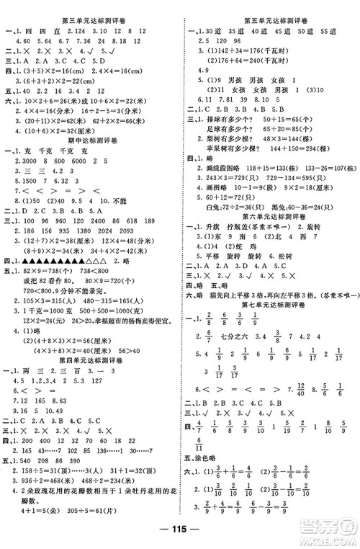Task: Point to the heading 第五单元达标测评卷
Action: click(x=271, y=7)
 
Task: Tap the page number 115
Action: click(x=179, y=537)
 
